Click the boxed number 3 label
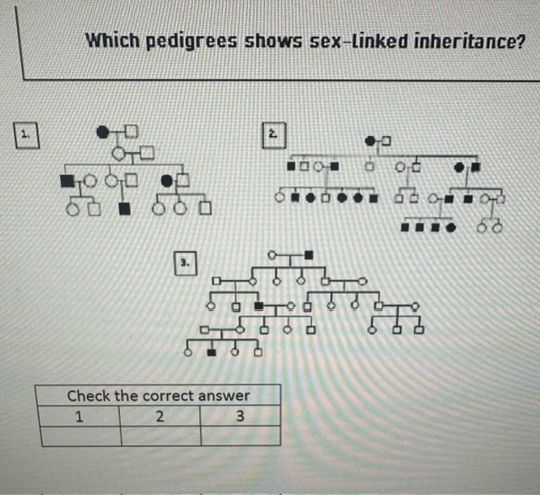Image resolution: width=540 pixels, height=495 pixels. (184, 264)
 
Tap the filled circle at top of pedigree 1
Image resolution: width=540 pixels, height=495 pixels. (104, 131)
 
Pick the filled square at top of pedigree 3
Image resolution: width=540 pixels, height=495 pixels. (309, 254)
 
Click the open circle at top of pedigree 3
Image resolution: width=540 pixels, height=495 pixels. (273, 254)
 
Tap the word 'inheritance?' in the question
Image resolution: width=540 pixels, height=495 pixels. (464, 41)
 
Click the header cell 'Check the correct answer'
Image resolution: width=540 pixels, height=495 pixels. (159, 395)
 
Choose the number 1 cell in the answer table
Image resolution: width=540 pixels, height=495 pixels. (78, 416)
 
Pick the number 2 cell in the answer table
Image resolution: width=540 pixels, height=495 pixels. (159, 416)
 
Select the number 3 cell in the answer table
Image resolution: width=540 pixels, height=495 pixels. (240, 416)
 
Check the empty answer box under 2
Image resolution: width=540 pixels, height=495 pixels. (160, 435)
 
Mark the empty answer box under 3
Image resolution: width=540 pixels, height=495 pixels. (240, 435)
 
